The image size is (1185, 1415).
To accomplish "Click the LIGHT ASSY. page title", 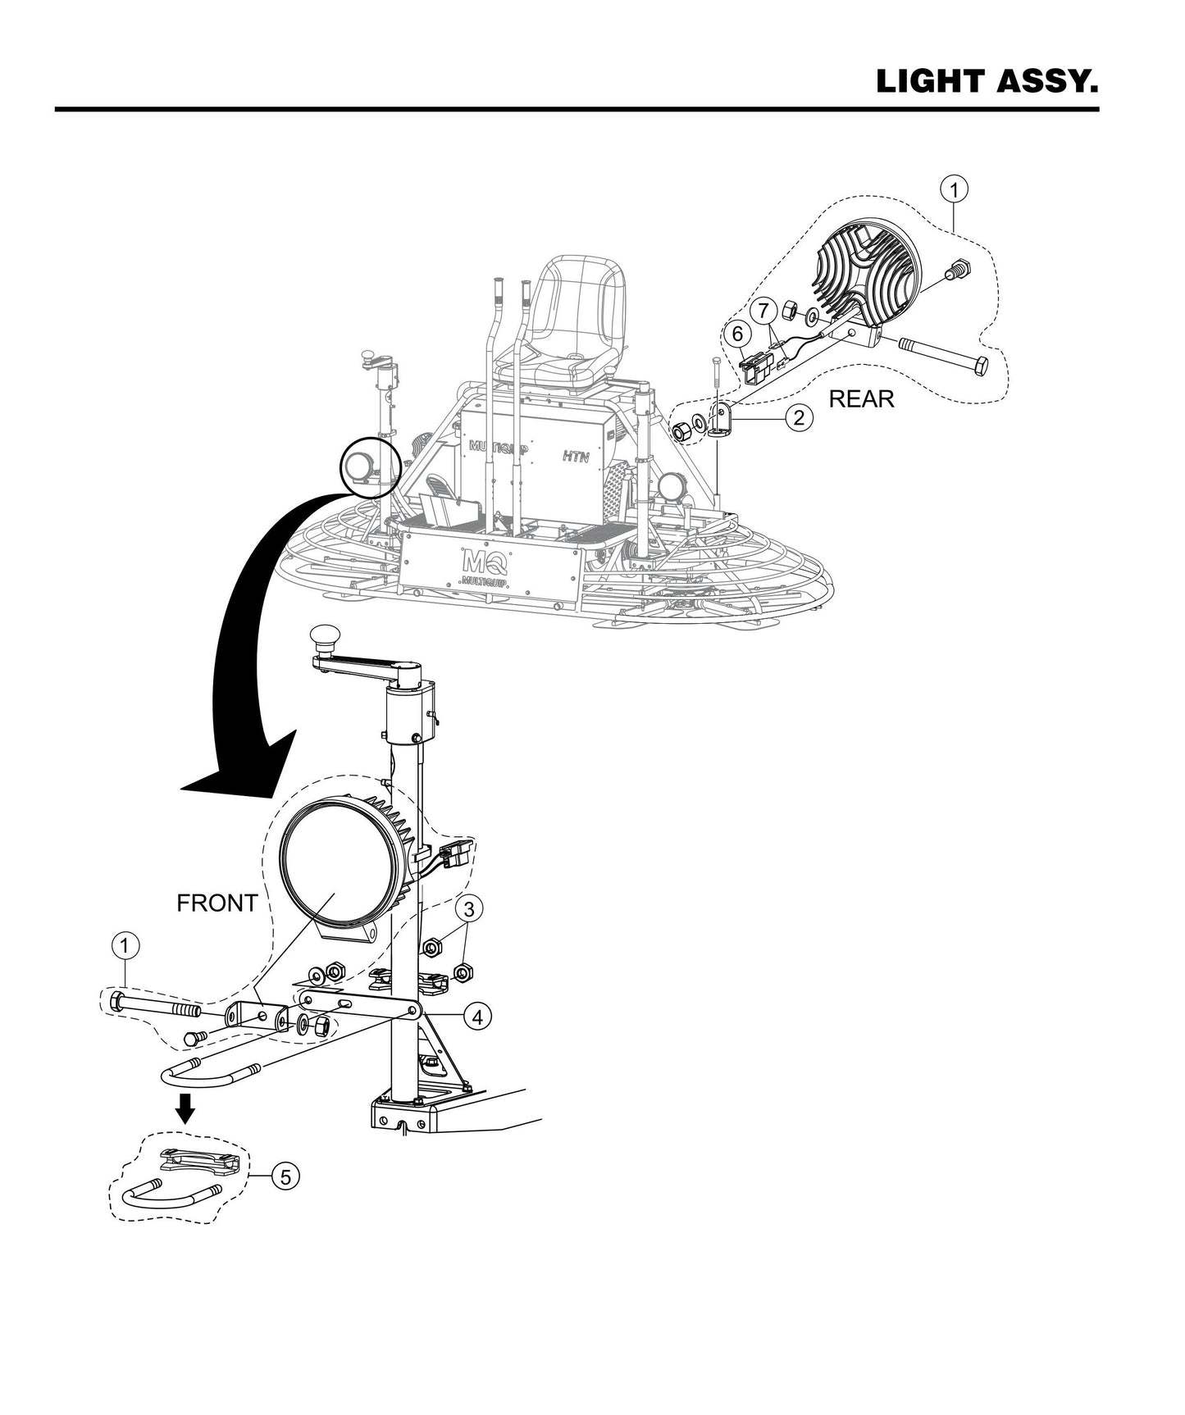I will [987, 81].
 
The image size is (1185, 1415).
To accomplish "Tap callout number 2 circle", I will [799, 417].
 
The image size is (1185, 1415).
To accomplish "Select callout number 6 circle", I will [736, 334].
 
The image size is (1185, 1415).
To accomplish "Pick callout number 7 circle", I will [763, 310].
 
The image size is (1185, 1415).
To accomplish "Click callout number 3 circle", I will [468, 908].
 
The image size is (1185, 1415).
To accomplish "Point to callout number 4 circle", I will [476, 1017].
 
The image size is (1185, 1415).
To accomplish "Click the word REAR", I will [861, 399].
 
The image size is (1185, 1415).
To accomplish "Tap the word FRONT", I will [217, 903].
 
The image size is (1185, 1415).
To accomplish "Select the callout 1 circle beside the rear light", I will [954, 190].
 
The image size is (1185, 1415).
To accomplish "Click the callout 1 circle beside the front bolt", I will [124, 946].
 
